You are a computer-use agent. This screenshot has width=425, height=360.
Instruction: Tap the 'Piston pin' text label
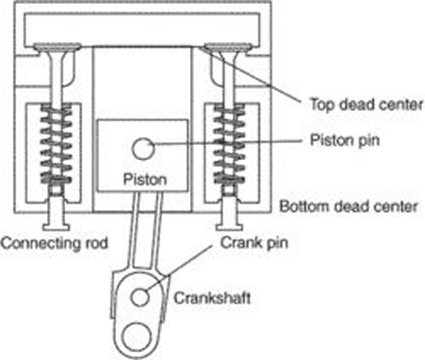[345, 140]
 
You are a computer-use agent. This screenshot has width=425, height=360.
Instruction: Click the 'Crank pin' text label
[253, 242]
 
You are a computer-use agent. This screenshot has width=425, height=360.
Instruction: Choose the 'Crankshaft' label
[212, 298]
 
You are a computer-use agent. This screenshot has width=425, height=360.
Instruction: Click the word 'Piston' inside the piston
[144, 179]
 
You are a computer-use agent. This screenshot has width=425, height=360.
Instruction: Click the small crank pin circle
[139, 296]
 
